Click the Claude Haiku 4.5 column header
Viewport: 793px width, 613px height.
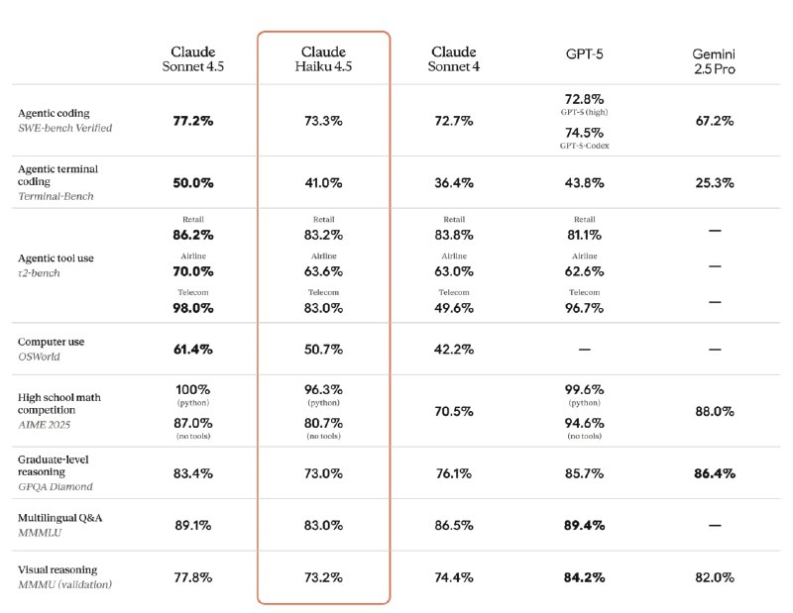click(323, 59)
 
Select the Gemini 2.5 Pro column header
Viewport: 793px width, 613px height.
click(714, 61)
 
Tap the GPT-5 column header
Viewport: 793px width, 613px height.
click(584, 54)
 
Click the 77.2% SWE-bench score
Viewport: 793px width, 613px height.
click(192, 121)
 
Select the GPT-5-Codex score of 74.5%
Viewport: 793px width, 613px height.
click(584, 133)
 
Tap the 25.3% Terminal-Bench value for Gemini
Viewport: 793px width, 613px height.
click(714, 182)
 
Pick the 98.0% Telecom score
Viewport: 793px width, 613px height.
click(192, 308)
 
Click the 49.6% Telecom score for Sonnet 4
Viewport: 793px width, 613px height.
click(454, 308)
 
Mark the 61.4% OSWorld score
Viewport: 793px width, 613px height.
click(192, 350)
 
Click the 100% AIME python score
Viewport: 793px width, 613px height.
click(192, 389)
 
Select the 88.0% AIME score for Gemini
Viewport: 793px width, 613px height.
click(714, 411)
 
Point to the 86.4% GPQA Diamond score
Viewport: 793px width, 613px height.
click(714, 473)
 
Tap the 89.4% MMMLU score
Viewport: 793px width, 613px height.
click(584, 526)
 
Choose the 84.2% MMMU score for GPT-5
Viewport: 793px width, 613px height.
click(584, 577)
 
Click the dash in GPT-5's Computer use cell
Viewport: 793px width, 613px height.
click(584, 350)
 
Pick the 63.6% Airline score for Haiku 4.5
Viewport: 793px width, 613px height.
click(323, 271)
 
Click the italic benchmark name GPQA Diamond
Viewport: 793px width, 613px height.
click(56, 486)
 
